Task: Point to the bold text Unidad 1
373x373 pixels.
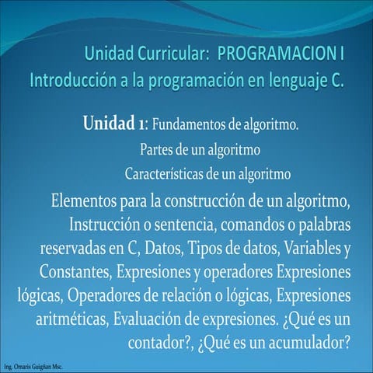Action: tap(113, 124)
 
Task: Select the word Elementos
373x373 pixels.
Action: tap(84, 201)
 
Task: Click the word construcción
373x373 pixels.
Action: tap(204, 201)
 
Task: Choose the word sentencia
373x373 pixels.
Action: tap(186, 225)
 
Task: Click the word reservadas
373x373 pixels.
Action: tap(73, 248)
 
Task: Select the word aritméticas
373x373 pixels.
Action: tap(71, 319)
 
